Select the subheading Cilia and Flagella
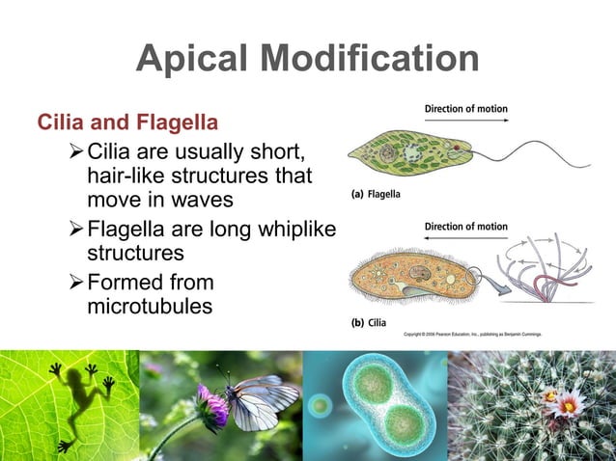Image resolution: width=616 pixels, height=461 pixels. pos(126,123)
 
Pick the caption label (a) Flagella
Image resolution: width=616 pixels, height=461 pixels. pos(376,193)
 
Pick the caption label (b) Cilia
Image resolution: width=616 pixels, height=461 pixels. pos(369,322)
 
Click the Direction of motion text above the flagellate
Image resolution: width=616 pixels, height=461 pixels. pos(465,109)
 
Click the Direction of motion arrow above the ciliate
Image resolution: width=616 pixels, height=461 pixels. pos(465,241)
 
